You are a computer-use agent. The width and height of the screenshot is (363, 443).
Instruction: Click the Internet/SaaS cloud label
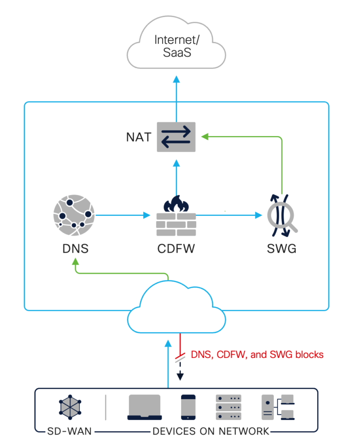(x=176, y=45)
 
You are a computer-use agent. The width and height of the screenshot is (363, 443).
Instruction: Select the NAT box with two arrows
(x=176, y=137)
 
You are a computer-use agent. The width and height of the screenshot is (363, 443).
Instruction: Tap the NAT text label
(x=138, y=137)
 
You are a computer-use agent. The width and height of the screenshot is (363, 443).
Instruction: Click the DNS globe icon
(x=74, y=214)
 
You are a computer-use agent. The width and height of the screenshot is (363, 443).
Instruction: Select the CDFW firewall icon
(x=176, y=216)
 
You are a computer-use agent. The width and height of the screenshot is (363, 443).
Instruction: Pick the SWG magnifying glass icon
(x=282, y=215)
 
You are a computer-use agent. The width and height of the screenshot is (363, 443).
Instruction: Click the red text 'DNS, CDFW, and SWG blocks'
(x=257, y=355)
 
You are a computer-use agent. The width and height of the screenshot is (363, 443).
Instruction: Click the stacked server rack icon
(x=228, y=407)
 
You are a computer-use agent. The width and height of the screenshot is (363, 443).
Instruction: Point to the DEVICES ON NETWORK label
(x=211, y=431)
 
